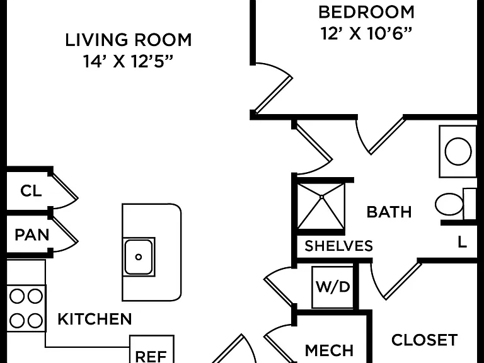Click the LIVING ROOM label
coord(129,40)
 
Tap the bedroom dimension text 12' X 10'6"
coord(366,33)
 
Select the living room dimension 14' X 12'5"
coord(128,61)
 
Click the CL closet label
coord(31,191)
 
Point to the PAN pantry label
coord(32,235)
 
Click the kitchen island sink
coord(139,257)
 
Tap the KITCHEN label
coord(95,319)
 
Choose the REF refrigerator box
coord(151,349)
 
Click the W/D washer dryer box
coord(333,287)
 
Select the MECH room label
coord(329,350)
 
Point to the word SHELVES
coord(338,246)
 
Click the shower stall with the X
coord(321,206)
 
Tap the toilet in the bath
coord(455,204)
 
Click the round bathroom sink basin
coord(458,151)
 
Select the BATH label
coord(389,212)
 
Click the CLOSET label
coord(424,340)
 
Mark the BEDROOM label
coord(366,13)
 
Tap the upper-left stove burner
coord(16,297)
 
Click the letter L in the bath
coord(462,242)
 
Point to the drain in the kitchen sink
coord(139,257)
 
